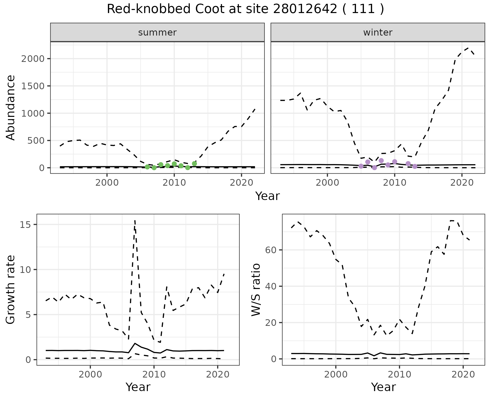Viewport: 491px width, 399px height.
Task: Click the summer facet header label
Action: (x=157, y=32)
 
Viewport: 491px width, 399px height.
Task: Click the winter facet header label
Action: (x=378, y=32)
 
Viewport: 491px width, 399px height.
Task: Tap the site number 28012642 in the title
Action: (x=305, y=9)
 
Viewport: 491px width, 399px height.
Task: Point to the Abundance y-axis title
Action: (x=11, y=107)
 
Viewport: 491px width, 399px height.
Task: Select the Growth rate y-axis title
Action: (x=11, y=290)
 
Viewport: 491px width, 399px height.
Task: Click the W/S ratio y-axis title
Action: (x=256, y=290)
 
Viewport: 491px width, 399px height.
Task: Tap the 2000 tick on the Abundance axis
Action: (x=33, y=59)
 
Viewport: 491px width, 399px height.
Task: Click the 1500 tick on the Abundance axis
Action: (x=33, y=86)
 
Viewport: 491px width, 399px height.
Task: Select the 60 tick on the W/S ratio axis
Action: (x=271, y=250)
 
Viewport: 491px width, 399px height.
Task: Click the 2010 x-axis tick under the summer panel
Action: (x=174, y=183)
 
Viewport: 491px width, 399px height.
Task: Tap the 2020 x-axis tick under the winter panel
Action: (x=462, y=183)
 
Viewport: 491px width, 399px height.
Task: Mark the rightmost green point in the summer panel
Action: (x=194, y=164)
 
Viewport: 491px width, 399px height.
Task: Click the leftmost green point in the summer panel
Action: (x=147, y=167)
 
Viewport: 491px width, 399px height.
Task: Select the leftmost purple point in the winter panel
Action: (x=361, y=166)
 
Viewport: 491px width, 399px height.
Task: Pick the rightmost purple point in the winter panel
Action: (x=415, y=167)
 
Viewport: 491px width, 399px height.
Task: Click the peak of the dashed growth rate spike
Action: (x=135, y=220)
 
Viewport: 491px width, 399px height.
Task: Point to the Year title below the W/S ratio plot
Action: (x=383, y=387)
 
